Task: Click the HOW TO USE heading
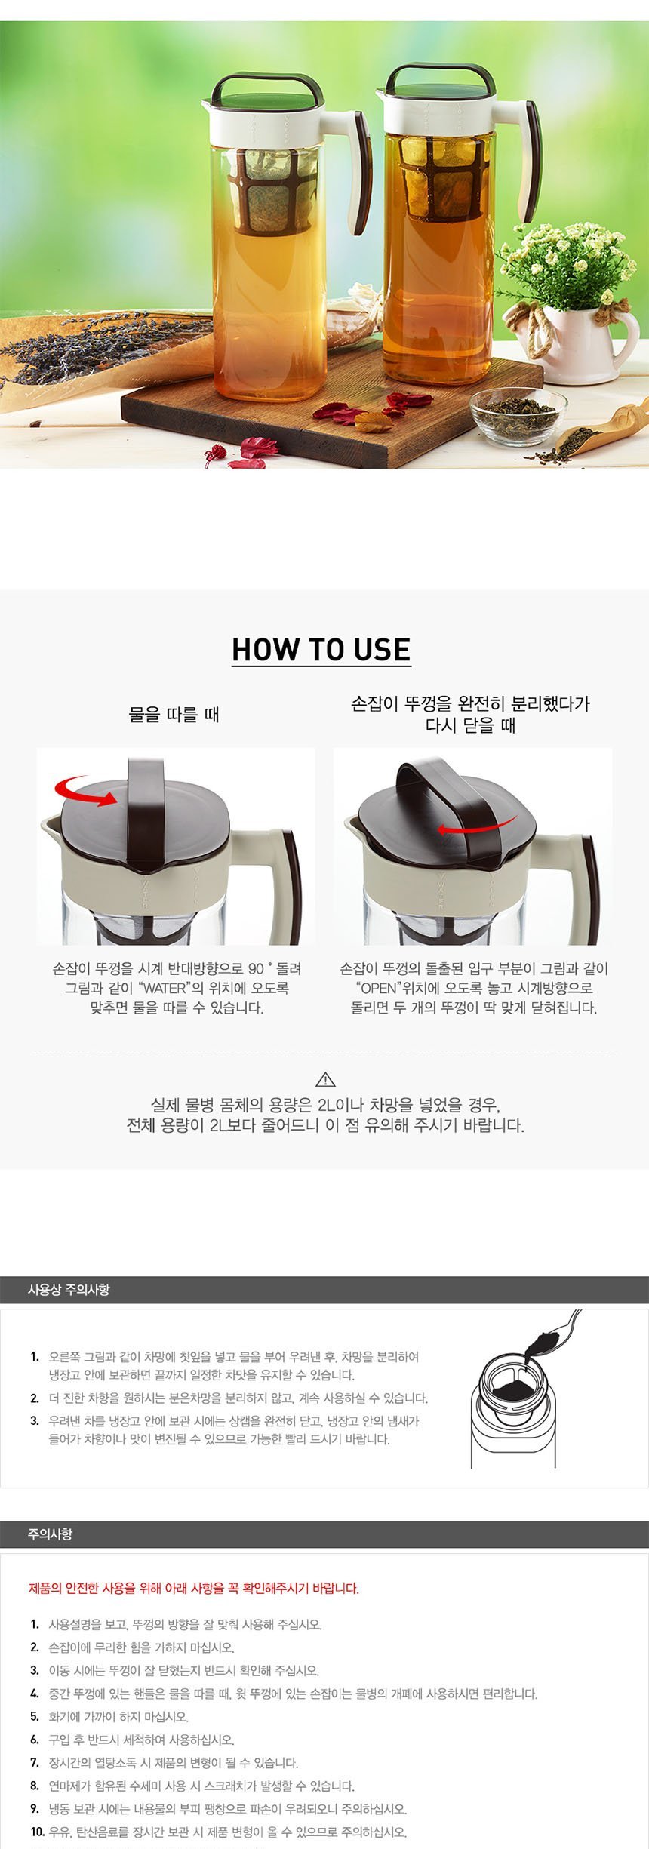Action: pyautogui.click(x=321, y=650)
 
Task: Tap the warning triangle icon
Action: pyautogui.click(x=324, y=1079)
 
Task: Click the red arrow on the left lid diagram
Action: pyautogui.click(x=83, y=792)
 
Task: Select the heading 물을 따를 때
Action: pyautogui.click(x=174, y=714)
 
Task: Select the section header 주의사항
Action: pyautogui.click(x=50, y=1534)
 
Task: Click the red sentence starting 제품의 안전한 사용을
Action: pyautogui.click(x=194, y=1588)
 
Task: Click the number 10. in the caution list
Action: pyautogui.click(x=38, y=1832)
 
